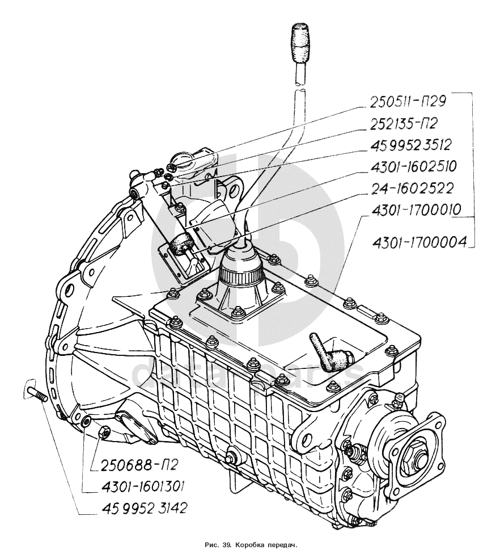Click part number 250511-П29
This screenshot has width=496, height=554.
pyautogui.click(x=408, y=102)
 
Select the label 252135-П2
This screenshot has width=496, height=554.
pyautogui.click(x=405, y=123)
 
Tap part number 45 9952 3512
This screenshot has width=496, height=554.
pyautogui.click(x=412, y=145)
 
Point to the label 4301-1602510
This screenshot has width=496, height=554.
pyautogui.click(x=413, y=166)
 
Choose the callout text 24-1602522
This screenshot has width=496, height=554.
pyautogui.click(x=412, y=188)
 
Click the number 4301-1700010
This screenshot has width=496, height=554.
pyautogui.click(x=416, y=210)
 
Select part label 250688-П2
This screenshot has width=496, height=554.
pyautogui.click(x=139, y=465)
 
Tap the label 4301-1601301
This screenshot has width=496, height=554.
pyautogui.click(x=142, y=487)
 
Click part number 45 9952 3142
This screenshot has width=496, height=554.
pyautogui.click(x=144, y=509)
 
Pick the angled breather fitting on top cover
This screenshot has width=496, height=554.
pyautogui.click(x=328, y=353)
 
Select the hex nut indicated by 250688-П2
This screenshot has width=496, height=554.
pyautogui.click(x=104, y=431)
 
